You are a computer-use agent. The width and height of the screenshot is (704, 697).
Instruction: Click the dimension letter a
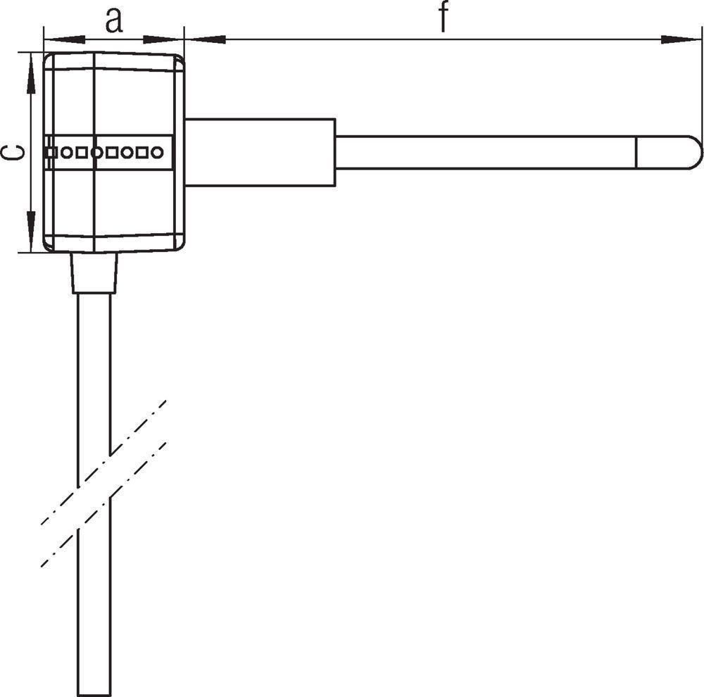114,21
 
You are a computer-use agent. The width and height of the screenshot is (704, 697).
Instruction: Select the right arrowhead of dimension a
163,39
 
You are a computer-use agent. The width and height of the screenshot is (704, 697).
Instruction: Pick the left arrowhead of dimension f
205,39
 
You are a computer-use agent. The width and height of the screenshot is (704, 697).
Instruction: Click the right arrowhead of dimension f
681,39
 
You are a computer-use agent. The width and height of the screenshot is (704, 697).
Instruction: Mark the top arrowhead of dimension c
30,73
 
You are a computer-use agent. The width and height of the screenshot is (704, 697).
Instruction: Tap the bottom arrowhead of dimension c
30,232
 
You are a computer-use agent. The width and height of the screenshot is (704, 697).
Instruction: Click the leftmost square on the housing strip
52,153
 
